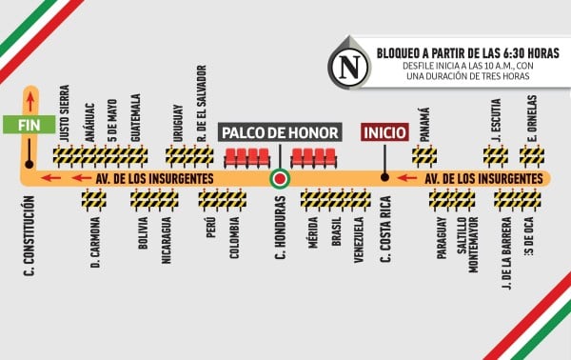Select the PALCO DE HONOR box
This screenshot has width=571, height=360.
tap(280, 131)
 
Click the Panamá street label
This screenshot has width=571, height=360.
tap(424, 127)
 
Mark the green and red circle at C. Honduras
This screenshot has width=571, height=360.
tap(280, 178)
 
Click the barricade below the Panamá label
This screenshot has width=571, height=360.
tap(424, 155)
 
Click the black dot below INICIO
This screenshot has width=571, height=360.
tap(384, 177)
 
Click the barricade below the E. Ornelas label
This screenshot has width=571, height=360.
tap(532, 155)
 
